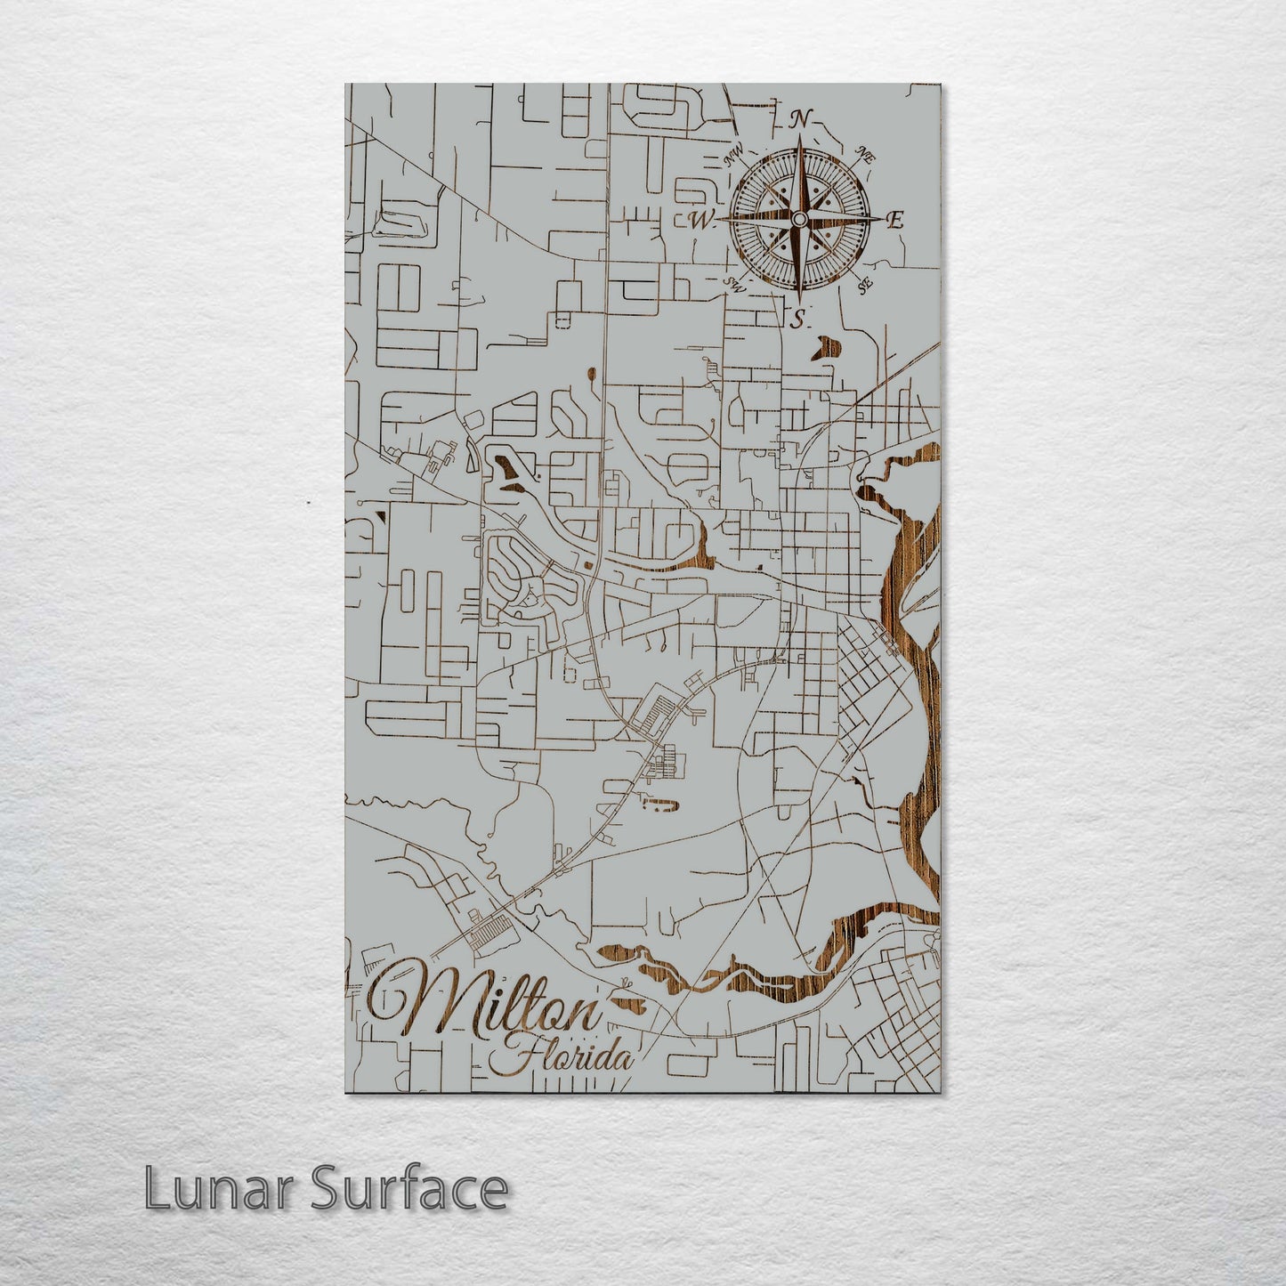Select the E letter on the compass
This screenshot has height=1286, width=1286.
[x=896, y=220]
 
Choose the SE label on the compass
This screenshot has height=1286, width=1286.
[x=863, y=285]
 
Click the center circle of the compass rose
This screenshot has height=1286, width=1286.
[x=799, y=219]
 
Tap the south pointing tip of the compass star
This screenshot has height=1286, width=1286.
[x=799, y=301]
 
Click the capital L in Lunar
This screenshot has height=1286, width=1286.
[x=156, y=1189]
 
